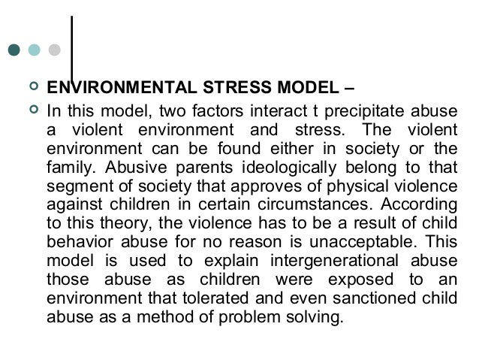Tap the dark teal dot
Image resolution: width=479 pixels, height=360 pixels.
point(14,51)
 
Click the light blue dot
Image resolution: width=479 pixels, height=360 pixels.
point(33,51)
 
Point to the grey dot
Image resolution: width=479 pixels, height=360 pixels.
point(53,51)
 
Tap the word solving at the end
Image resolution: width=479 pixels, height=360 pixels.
point(318,316)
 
